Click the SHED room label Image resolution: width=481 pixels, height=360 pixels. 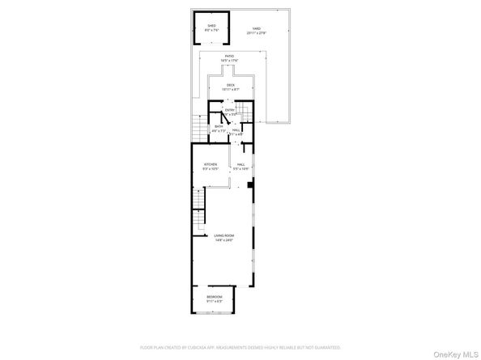[211, 26]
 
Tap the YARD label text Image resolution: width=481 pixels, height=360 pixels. [255, 26]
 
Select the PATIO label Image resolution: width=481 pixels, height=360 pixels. [229, 56]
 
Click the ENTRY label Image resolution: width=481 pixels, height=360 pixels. [229, 109]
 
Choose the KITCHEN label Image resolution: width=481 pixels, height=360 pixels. [211, 164]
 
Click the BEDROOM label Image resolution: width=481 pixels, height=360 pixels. [214, 298]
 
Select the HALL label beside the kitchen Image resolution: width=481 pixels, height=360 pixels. [240, 164]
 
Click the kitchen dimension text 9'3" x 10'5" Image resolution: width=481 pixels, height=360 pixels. [211, 169]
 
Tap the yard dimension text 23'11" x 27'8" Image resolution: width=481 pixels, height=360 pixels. [255, 32]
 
